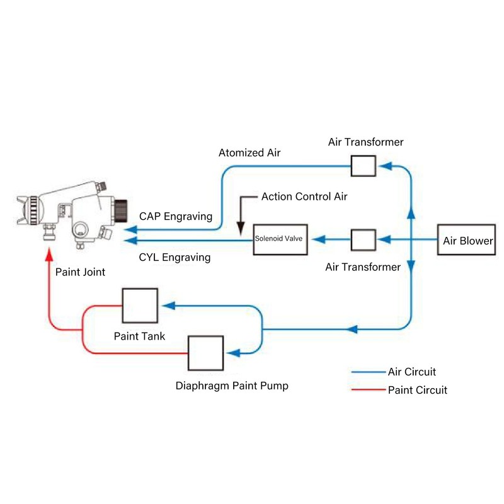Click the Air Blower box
(x=467, y=240)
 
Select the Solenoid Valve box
(x=279, y=239)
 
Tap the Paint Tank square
(x=139, y=306)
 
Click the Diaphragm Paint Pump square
(x=205, y=353)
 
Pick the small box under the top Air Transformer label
(x=363, y=166)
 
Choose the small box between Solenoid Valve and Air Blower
(x=363, y=240)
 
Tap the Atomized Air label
(x=250, y=152)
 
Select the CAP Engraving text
(x=176, y=217)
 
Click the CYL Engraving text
(x=175, y=257)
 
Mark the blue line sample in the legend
(x=368, y=372)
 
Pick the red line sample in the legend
(x=368, y=390)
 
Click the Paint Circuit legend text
(x=418, y=390)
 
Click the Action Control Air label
(x=304, y=197)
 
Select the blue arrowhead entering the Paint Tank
(x=168, y=306)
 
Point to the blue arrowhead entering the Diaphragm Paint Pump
(x=232, y=353)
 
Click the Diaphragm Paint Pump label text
(x=232, y=385)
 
